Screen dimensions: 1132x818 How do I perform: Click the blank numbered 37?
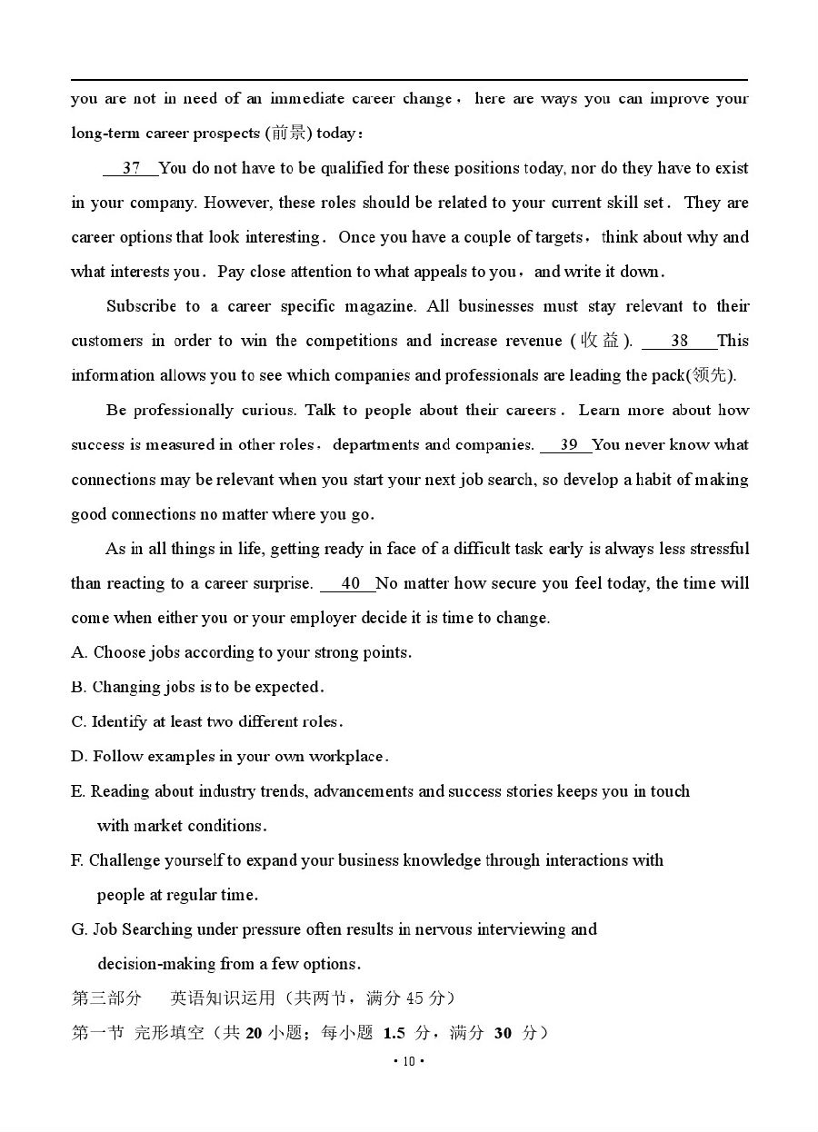point(131,168)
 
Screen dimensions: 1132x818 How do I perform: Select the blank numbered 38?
point(679,341)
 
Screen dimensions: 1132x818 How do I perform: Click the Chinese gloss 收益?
point(600,341)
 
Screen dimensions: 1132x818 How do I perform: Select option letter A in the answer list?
point(77,652)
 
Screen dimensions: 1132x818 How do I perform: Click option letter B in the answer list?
point(77,687)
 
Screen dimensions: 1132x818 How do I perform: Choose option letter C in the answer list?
point(77,721)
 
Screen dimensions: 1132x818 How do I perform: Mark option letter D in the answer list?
point(77,756)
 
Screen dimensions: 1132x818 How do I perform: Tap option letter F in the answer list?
point(76,860)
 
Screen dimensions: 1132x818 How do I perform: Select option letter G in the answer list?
point(77,929)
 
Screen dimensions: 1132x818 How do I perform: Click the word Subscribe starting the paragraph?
point(141,306)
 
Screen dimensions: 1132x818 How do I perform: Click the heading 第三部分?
point(106,998)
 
